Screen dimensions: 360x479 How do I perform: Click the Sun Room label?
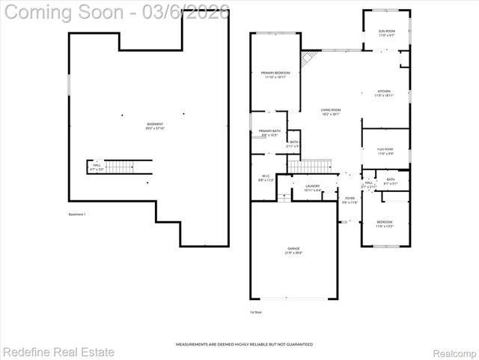(386, 33)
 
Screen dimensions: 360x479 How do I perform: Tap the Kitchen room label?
(383, 93)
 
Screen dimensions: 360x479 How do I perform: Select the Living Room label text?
(331, 112)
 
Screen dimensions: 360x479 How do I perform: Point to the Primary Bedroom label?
(275, 74)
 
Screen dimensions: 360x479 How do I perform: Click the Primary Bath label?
(269, 133)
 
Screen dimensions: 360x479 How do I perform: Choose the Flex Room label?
(385, 151)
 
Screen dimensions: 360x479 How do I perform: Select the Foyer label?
(350, 200)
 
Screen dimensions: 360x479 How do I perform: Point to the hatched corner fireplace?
(307, 58)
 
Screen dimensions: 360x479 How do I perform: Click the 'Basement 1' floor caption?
(76, 215)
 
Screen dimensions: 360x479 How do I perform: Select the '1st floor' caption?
(256, 311)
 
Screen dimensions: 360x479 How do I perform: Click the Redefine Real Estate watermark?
(58, 351)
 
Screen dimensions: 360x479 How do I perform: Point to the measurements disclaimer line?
(244, 344)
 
